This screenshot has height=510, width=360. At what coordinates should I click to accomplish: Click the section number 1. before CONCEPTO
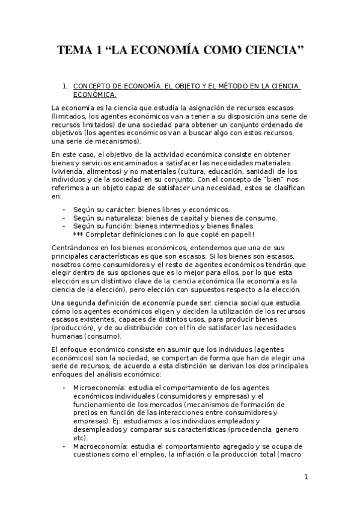click(66, 87)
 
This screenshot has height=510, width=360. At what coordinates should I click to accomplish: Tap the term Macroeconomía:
click(97, 446)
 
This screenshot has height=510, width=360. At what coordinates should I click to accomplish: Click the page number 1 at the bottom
click(306, 478)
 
